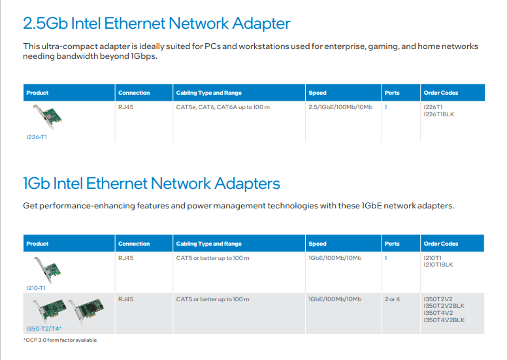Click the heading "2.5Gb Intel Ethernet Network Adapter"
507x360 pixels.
click(157, 24)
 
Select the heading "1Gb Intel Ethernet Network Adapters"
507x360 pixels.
click(152, 184)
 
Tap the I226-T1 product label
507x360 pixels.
click(36, 137)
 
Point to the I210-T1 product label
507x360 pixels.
click(36, 287)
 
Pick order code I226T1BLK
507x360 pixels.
click(439, 114)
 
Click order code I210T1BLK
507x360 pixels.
click(438, 265)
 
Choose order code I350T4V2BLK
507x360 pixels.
click(444, 320)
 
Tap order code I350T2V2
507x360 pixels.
click(438, 299)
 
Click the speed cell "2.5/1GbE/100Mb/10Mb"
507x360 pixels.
click(340, 106)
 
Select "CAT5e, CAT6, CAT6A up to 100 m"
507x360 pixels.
click(223, 106)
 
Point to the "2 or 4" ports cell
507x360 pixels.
click(393, 299)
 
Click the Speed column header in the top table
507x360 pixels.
click(318, 93)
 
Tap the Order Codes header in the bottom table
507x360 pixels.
click(441, 244)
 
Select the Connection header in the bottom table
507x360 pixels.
click(134, 244)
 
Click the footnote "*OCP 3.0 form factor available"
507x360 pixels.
click(60, 340)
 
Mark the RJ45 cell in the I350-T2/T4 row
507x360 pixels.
click(125, 299)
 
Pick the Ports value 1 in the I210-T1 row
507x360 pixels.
click(386, 258)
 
